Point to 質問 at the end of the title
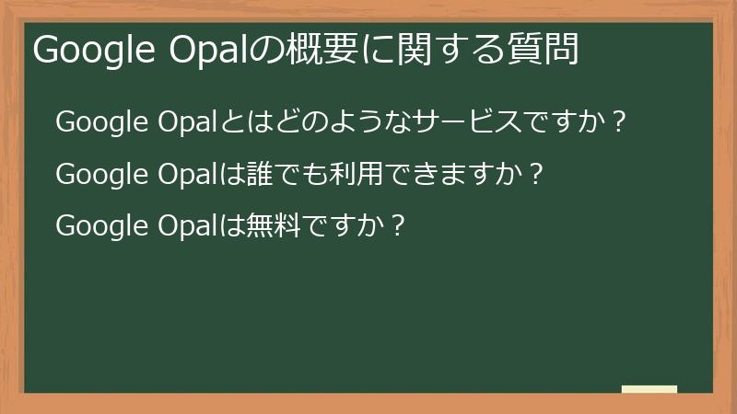coord(549,50)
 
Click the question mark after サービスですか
coord(619,122)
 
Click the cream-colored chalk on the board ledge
coord(649,389)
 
